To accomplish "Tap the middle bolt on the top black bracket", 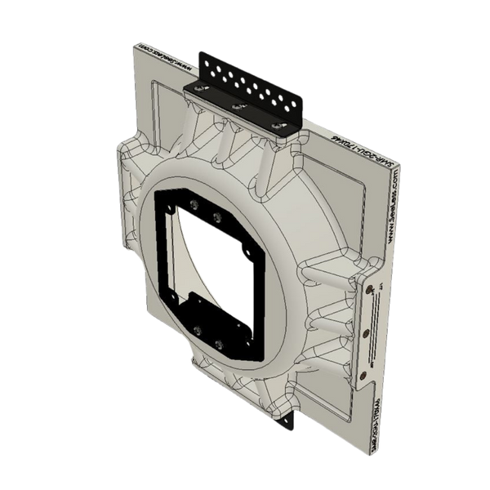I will (x=236, y=107).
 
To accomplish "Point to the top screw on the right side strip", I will (x=372, y=288).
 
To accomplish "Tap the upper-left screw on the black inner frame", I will (x=194, y=204).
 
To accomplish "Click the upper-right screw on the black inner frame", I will (x=217, y=216).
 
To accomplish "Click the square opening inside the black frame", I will (x=216, y=269).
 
